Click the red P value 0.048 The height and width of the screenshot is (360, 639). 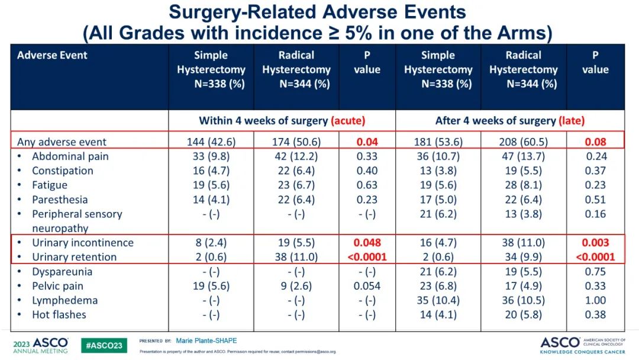(x=367, y=243)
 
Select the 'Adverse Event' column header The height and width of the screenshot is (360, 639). (x=52, y=56)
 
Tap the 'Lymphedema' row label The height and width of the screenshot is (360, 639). (x=64, y=300)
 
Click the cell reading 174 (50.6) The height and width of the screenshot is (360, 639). (x=296, y=142)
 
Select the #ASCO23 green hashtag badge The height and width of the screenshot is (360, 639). (x=104, y=345)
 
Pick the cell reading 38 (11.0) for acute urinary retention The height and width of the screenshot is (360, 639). (x=296, y=257)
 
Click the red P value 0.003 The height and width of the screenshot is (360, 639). (x=595, y=243)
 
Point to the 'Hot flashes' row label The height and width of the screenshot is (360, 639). (x=59, y=314)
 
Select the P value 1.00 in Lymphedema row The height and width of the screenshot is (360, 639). (x=595, y=300)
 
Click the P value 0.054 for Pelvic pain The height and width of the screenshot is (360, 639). (x=367, y=286)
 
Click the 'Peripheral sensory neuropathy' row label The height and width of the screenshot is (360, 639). (x=77, y=221)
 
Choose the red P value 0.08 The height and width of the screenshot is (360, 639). (x=595, y=142)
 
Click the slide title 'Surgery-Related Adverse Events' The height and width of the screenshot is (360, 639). (x=318, y=12)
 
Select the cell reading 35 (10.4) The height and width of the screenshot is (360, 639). (x=438, y=300)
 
